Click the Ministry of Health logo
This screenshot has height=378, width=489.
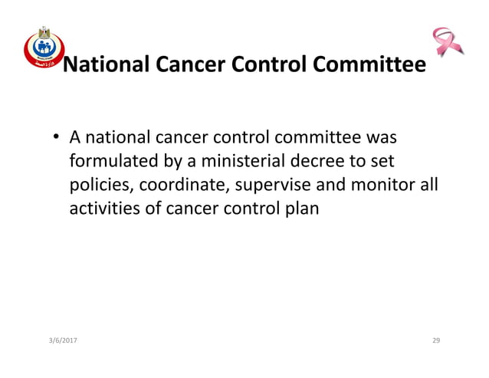(x=41, y=48)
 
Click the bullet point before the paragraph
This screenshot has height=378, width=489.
(x=57, y=140)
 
